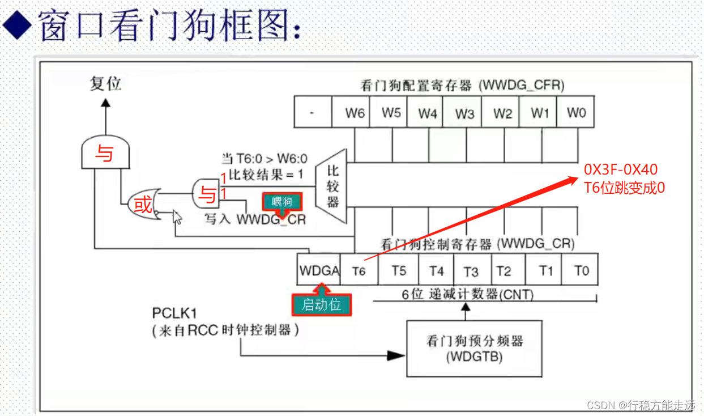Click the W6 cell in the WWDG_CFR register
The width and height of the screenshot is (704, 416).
click(x=355, y=112)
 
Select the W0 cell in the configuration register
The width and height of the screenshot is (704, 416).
click(x=576, y=112)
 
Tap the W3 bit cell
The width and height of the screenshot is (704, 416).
click(x=464, y=113)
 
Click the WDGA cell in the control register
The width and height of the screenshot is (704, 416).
click(x=319, y=270)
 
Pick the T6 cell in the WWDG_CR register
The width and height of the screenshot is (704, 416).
click(x=359, y=271)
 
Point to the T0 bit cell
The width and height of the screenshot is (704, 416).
click(x=581, y=270)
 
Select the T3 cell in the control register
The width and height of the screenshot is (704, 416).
click(x=471, y=271)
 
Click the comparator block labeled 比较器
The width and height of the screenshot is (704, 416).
click(x=332, y=186)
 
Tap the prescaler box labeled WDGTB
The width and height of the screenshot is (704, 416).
click(x=474, y=348)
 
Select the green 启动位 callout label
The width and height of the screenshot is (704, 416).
click(x=321, y=304)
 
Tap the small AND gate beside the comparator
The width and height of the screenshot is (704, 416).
click(x=207, y=194)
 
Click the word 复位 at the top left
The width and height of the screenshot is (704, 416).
click(x=105, y=84)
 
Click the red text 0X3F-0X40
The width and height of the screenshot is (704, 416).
click(x=621, y=169)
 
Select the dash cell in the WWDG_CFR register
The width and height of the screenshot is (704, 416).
click(x=312, y=112)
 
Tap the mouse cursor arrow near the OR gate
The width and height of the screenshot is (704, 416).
click(x=177, y=216)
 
